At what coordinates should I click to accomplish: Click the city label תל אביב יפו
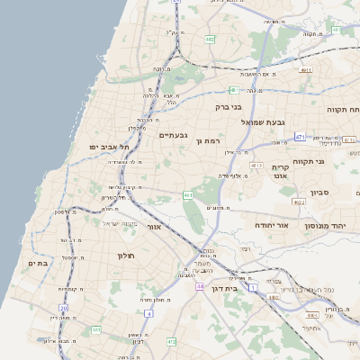tap(110, 147)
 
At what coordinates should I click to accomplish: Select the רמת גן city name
tap(207, 140)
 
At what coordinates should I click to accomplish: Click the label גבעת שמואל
tap(263, 121)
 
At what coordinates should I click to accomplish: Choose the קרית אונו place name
tap(280, 172)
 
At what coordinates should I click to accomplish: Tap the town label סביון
tap(319, 193)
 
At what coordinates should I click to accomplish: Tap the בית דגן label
tap(235, 289)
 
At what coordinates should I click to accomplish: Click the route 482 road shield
tap(210, 40)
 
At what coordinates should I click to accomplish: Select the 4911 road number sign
tap(306, 69)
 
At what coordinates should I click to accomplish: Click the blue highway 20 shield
tap(64, 309)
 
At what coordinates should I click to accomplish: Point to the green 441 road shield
tap(96, 330)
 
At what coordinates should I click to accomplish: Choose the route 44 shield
tap(200, 286)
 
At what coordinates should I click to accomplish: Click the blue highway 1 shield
tap(254, 286)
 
